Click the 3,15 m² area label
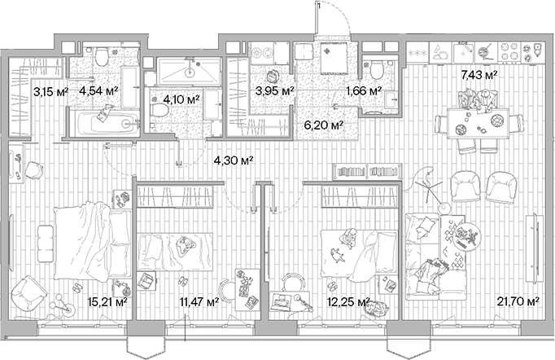(x=50, y=91)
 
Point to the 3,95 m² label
(x=274, y=91)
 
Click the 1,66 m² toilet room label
(x=364, y=91)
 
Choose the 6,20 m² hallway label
(x=323, y=125)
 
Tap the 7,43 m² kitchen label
(x=479, y=75)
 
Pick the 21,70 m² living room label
(x=518, y=302)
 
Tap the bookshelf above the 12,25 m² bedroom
(x=363, y=173)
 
